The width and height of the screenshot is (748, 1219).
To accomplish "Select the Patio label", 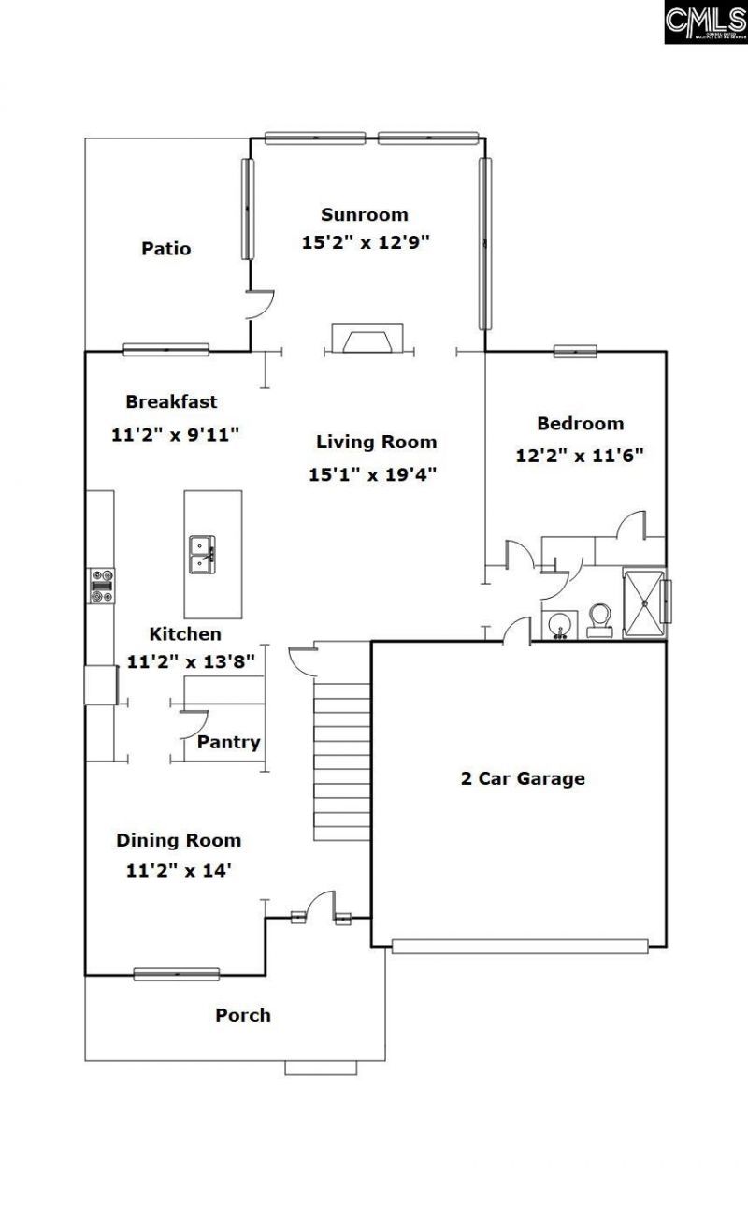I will click(166, 249).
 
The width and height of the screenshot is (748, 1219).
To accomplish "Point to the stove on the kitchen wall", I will click(101, 585).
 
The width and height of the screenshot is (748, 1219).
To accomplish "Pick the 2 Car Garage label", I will click(523, 778).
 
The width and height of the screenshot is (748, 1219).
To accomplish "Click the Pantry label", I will click(228, 743).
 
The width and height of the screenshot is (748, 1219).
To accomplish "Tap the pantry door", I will click(192, 720).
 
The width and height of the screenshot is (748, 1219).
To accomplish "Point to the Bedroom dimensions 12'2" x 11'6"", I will click(580, 456).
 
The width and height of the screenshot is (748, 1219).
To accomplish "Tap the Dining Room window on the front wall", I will click(176, 974).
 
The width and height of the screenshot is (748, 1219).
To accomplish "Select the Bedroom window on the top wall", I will click(575, 352).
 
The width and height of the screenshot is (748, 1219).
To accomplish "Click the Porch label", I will click(243, 1015).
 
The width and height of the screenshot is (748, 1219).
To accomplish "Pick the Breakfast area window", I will click(165, 350).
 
